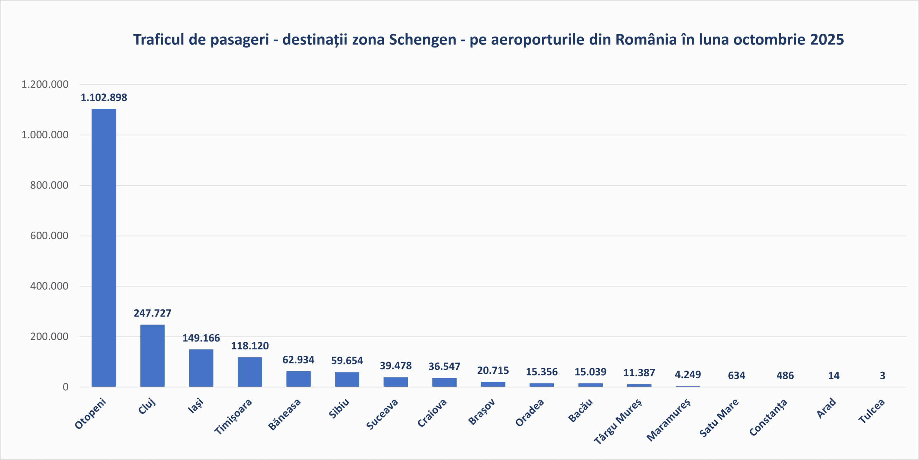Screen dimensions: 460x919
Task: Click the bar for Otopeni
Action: click(104, 248)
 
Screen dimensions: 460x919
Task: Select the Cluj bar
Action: click(152, 356)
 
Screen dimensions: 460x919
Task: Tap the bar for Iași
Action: click(201, 368)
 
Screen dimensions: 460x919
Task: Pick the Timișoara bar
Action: click(250, 372)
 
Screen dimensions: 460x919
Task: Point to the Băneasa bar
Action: click(298, 379)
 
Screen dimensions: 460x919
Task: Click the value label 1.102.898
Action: click(104, 97)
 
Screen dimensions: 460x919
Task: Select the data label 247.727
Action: click(152, 313)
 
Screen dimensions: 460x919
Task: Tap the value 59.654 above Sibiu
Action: click(347, 361)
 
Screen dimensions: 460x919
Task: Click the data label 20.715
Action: click(493, 370)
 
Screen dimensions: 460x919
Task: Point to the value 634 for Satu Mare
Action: click(736, 376)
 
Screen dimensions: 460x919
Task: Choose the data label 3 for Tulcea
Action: click(882, 376)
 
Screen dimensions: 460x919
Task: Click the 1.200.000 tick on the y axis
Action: click(45, 84)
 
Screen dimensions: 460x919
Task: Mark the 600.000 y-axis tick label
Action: click(49, 236)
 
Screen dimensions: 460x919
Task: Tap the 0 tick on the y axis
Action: click(65, 387)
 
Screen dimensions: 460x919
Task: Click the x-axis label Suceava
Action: click(382, 414)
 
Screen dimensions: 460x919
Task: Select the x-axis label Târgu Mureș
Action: click(617, 421)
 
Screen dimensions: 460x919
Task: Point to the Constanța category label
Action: click(768, 417)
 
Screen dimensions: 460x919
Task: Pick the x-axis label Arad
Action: click(826, 408)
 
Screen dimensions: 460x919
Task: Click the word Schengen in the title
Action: click(423, 40)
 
